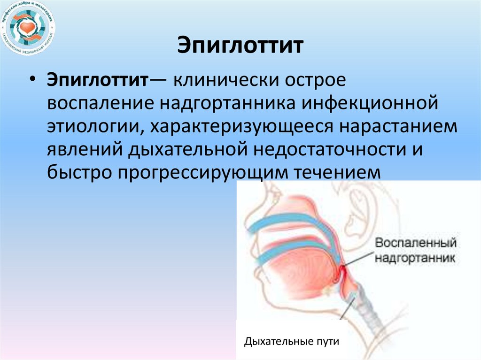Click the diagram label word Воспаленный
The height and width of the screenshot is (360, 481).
[416, 244]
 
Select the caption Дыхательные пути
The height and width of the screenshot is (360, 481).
[291, 341]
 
